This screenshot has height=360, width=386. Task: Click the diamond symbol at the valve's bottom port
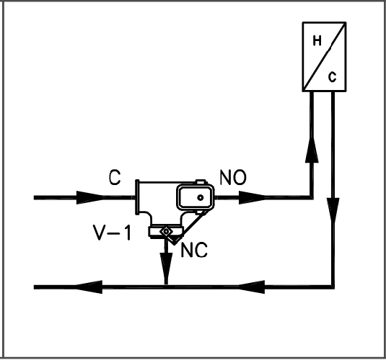click(x=166, y=231)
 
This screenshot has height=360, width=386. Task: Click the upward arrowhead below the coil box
click(x=311, y=150)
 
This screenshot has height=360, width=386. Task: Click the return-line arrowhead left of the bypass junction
click(x=91, y=288)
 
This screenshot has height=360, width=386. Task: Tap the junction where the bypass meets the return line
click(x=166, y=288)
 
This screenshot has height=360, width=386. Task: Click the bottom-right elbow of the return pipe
click(x=333, y=288)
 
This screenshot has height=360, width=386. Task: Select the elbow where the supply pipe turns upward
click(x=311, y=196)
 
